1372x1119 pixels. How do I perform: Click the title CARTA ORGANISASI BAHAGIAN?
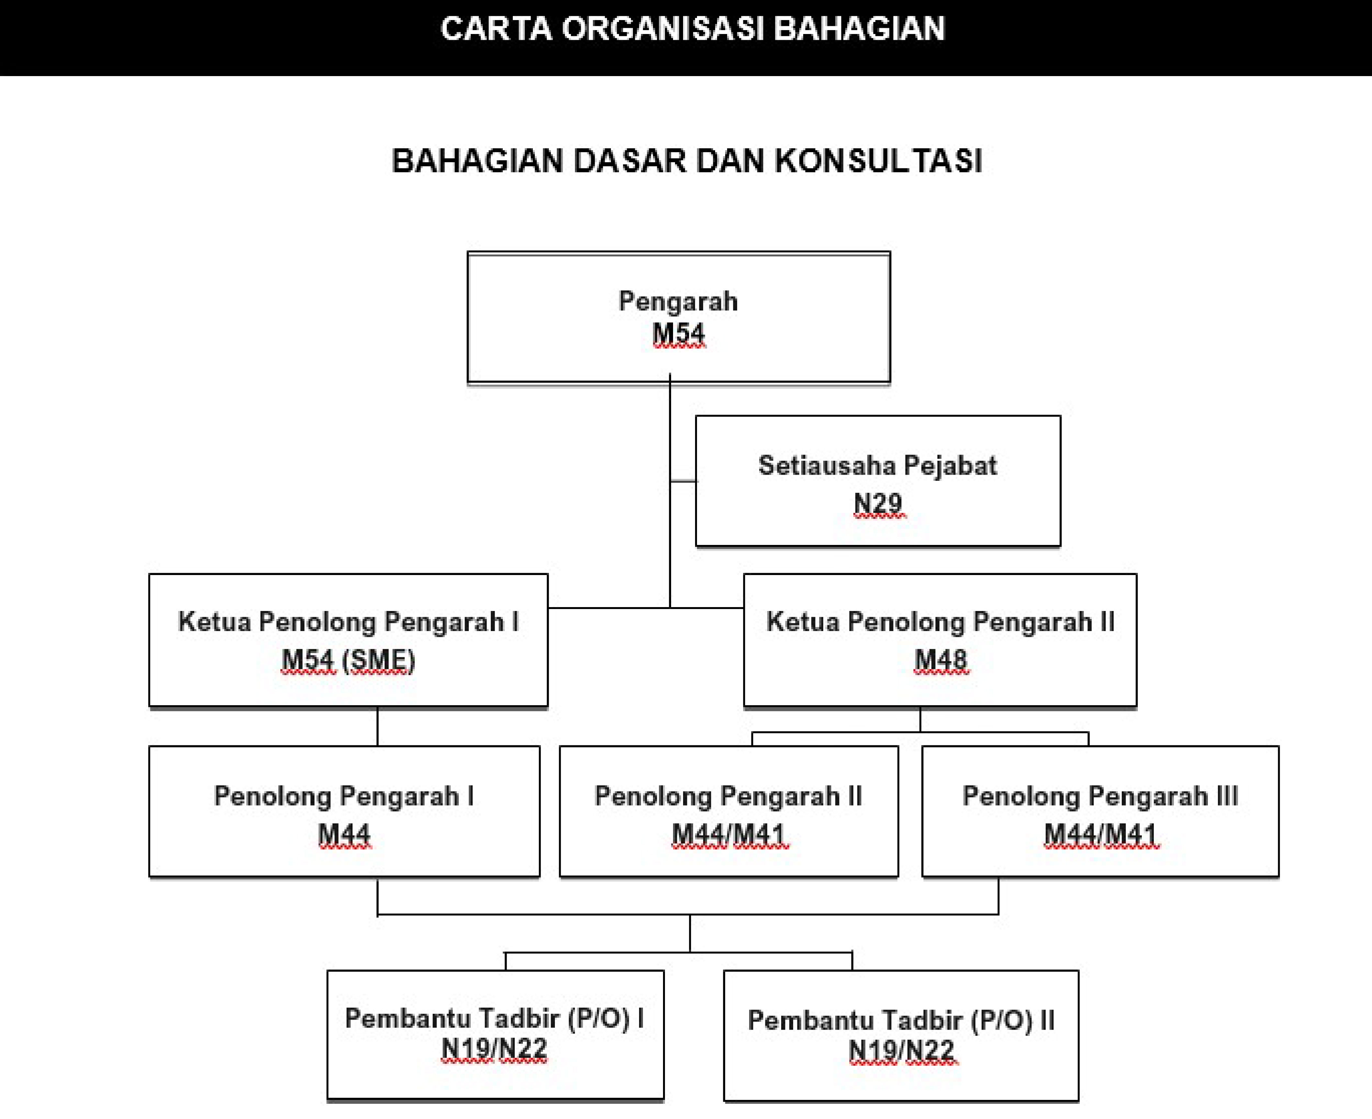click(693, 29)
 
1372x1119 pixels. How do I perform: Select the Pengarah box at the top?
click(679, 318)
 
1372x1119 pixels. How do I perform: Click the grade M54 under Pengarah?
click(679, 334)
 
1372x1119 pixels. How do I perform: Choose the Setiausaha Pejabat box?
click(878, 481)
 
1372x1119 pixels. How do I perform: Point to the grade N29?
click(878, 503)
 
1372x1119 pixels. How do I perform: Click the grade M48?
click(941, 660)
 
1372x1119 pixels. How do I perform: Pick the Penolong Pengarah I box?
click(344, 811)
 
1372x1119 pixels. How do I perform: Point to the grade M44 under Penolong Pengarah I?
click(344, 835)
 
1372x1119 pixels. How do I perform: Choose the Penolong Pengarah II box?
click(729, 811)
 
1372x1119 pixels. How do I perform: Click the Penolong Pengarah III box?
click(1100, 811)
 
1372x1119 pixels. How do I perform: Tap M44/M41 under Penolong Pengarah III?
click(1101, 835)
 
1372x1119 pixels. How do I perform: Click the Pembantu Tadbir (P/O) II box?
click(901, 1035)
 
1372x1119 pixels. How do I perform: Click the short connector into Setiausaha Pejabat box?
click(683, 481)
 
